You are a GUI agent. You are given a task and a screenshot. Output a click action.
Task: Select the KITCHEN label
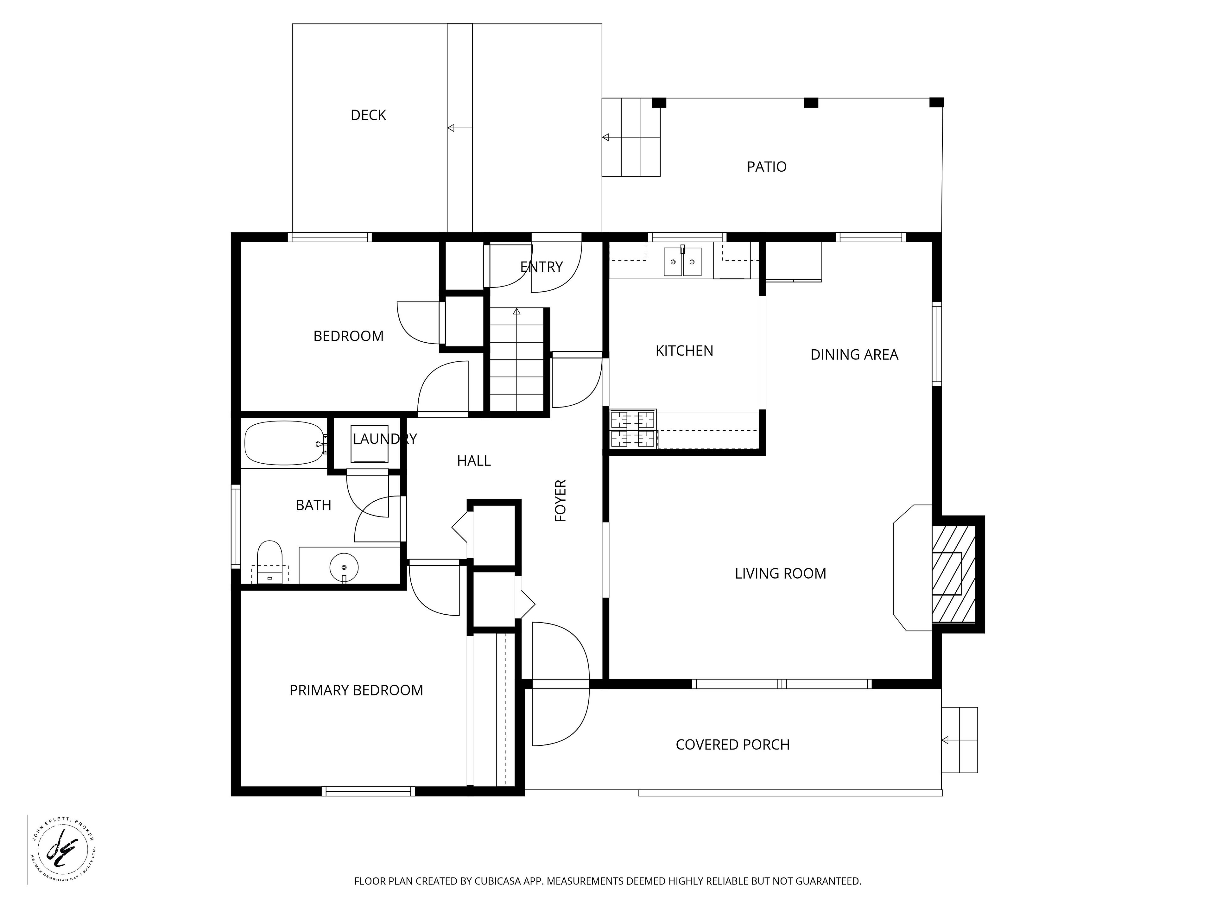tap(684, 351)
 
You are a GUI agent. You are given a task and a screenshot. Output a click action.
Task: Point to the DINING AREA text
tap(854, 355)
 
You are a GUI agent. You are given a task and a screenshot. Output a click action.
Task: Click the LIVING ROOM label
tap(781, 573)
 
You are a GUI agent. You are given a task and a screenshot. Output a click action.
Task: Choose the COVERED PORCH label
tap(733, 744)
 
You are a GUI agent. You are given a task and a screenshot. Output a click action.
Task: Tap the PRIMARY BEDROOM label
tap(356, 690)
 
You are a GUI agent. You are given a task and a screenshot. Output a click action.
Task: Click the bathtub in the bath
tap(285, 443)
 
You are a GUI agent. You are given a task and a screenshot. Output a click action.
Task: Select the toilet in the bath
tap(269, 562)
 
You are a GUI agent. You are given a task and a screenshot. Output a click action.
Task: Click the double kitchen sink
tap(683, 262)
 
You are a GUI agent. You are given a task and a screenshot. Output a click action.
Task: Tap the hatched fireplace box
tap(954, 574)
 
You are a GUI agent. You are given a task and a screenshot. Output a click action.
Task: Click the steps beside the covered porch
tap(959, 740)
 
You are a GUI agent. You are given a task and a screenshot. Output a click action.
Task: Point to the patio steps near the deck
tap(631, 137)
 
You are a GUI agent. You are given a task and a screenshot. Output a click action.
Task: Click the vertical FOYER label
tap(560, 500)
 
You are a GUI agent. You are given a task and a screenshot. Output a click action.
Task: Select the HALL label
tap(474, 461)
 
